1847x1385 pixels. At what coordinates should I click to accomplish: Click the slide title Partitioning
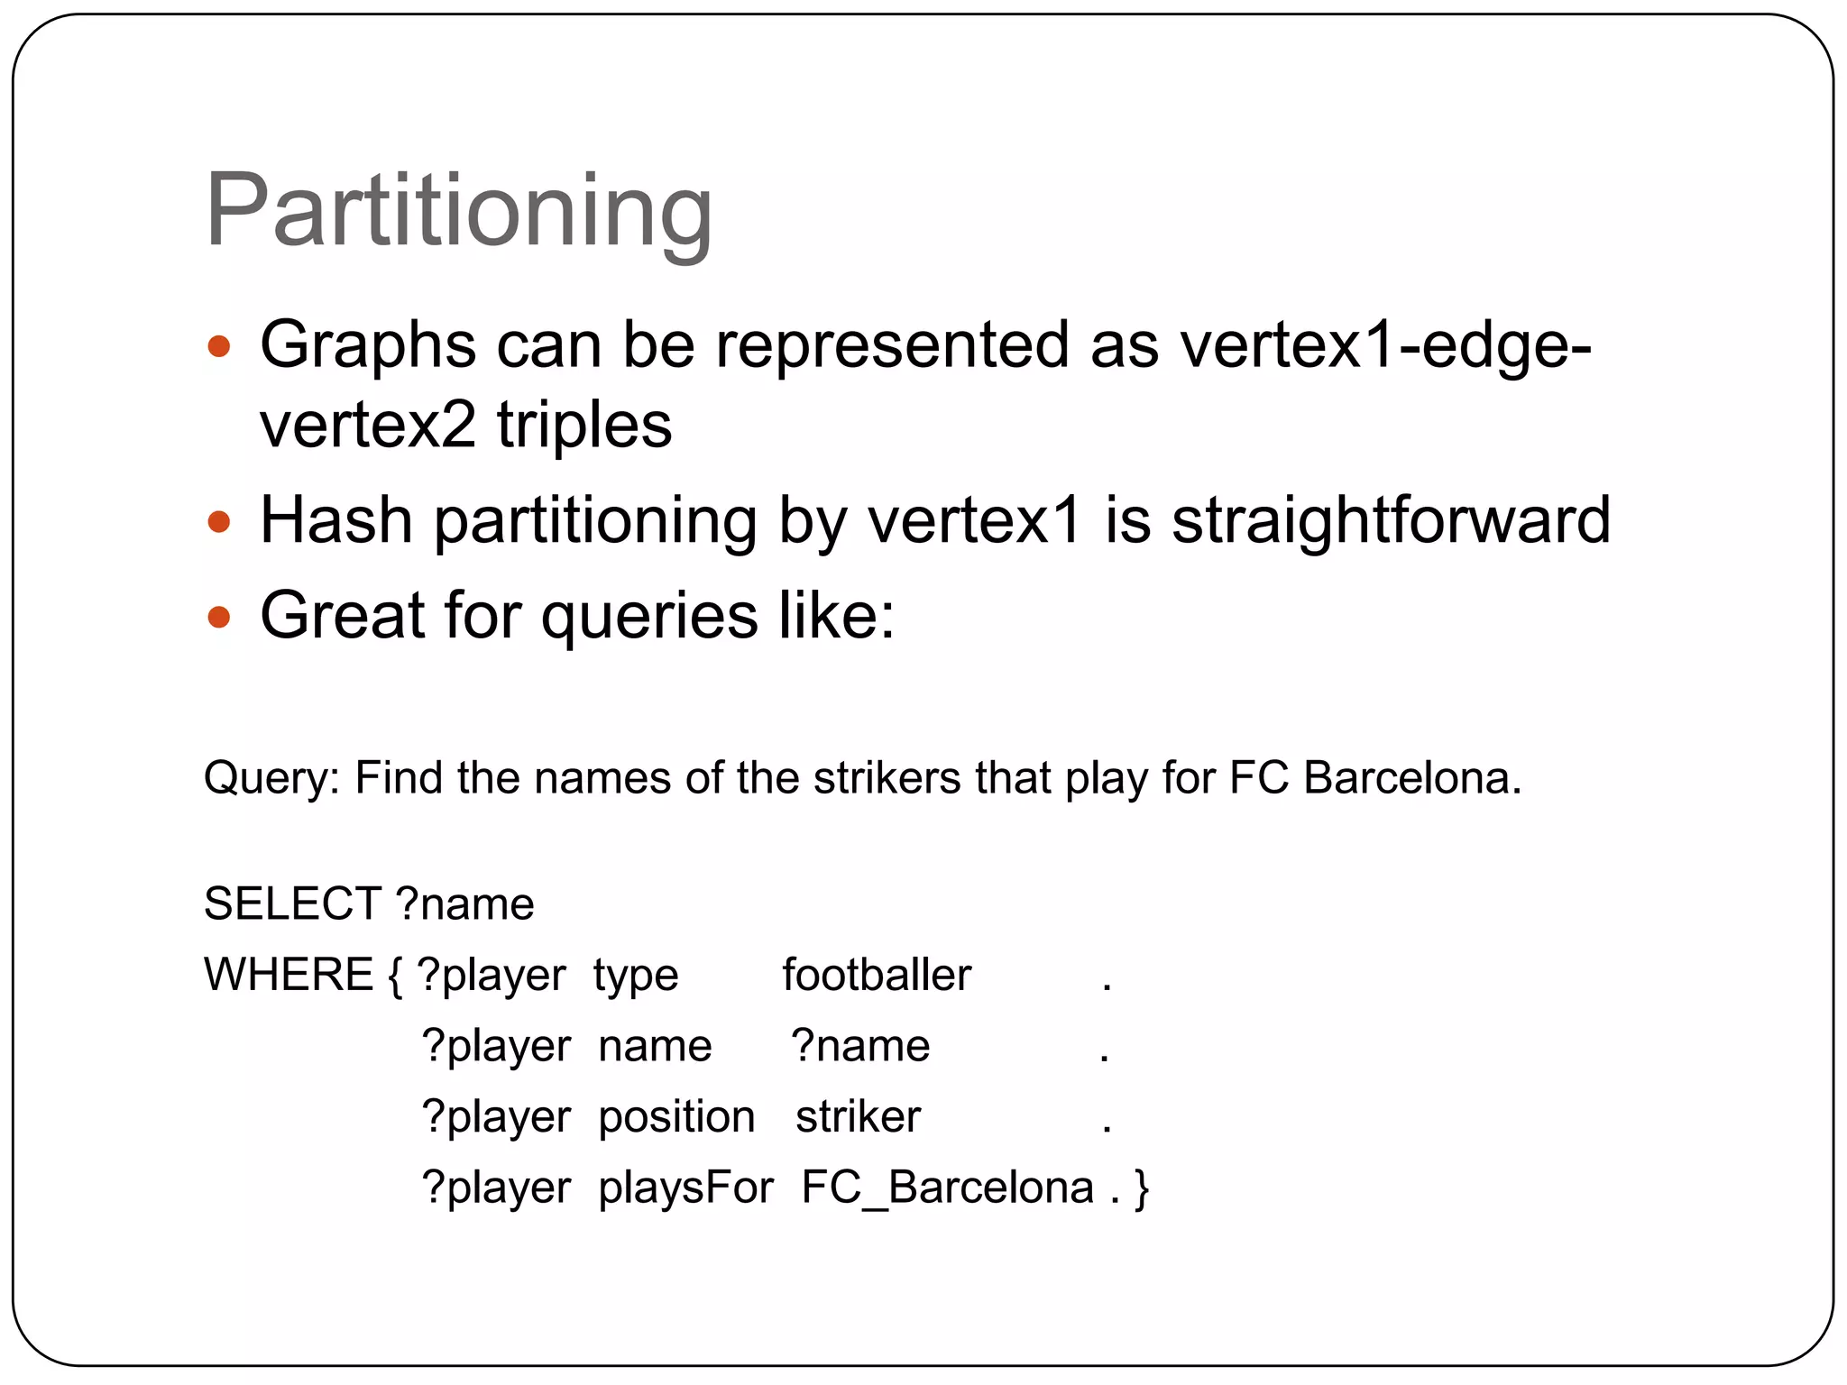point(458,213)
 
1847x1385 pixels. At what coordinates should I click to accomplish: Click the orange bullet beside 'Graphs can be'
point(219,346)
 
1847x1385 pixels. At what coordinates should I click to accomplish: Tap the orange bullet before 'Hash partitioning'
point(219,522)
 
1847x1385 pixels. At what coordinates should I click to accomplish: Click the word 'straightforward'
point(1391,521)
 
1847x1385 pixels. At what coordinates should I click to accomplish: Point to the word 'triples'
point(584,425)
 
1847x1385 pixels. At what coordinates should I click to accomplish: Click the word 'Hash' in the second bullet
point(336,521)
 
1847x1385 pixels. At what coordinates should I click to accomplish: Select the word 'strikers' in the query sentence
point(887,777)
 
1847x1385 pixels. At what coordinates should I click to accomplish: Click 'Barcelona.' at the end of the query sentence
point(1412,777)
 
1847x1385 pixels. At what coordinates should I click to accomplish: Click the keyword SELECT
point(292,903)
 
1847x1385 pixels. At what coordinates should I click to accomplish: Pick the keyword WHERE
point(289,975)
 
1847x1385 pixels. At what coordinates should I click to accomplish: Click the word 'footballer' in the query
point(877,975)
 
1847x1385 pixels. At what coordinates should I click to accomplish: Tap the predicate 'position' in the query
point(676,1118)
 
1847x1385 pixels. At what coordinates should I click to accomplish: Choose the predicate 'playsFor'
point(685,1188)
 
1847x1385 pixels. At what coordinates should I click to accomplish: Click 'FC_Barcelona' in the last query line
point(947,1188)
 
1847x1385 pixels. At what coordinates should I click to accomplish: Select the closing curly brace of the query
point(1142,1188)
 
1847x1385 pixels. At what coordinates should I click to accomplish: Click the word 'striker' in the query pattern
point(858,1117)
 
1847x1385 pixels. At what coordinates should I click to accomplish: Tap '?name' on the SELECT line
point(464,904)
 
